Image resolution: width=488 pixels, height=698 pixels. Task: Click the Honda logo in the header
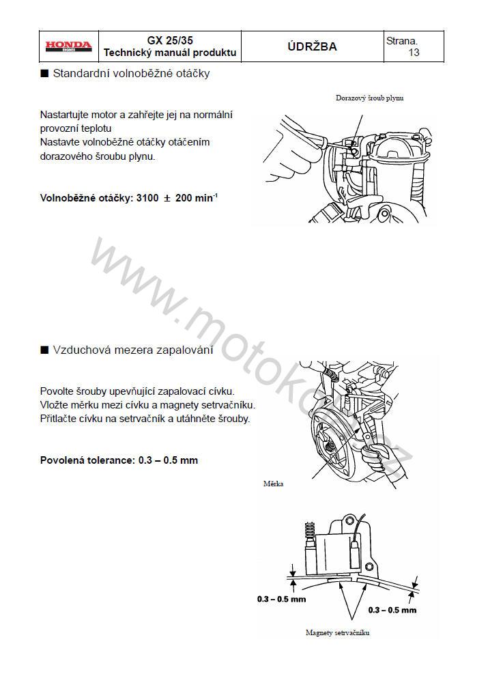68,46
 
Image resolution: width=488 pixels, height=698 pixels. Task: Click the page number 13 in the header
414,53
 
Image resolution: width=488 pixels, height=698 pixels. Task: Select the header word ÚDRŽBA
312,46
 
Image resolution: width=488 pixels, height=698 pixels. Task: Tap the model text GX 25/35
170,40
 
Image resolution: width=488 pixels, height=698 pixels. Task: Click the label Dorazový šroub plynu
369,98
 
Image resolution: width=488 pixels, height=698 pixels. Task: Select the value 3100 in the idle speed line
147,198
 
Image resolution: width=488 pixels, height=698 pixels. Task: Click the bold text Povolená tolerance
87,460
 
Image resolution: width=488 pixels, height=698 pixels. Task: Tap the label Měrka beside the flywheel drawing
273,484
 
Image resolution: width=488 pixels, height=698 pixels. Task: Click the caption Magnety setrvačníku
337,632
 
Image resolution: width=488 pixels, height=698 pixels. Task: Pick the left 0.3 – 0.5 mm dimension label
281,599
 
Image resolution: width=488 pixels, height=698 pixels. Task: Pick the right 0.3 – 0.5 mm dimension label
392,609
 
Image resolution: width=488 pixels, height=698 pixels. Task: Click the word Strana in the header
401,41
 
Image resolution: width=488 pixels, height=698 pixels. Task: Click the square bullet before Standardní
44,74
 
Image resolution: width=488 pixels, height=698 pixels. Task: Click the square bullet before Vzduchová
44,350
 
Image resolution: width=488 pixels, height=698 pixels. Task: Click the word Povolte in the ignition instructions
57,391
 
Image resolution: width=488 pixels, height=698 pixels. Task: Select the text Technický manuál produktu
170,53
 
